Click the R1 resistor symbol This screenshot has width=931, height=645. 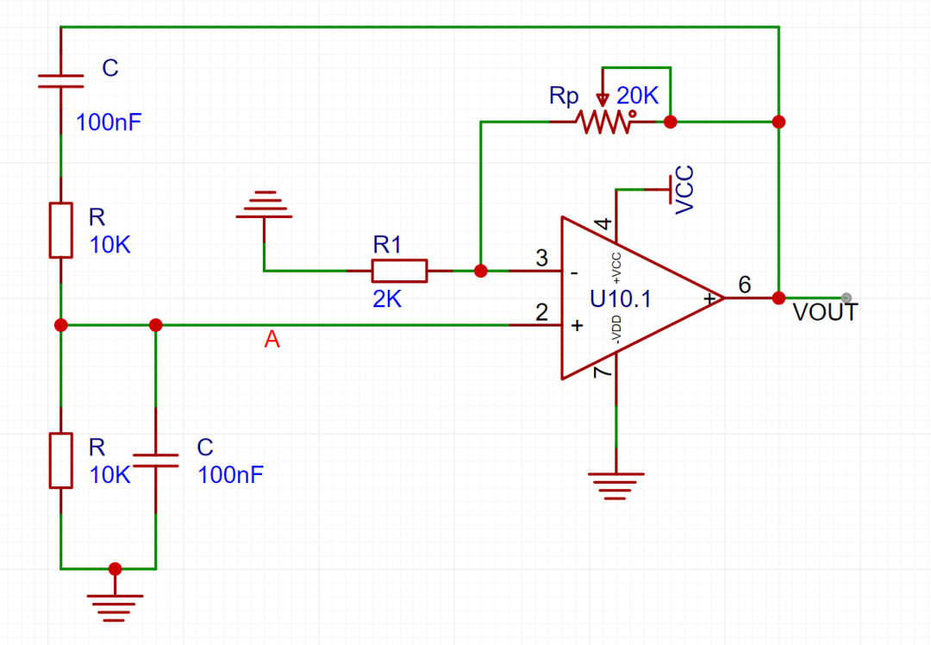click(x=399, y=271)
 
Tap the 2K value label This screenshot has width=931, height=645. click(x=387, y=299)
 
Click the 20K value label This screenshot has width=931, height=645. click(x=637, y=95)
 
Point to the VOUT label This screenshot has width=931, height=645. click(x=825, y=312)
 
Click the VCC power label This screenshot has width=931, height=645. click(x=684, y=190)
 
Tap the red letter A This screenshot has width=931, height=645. click(x=272, y=339)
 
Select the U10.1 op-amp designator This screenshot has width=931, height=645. click(x=621, y=298)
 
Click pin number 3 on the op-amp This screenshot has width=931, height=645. click(x=541, y=258)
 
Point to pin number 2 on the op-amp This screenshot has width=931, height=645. click(x=541, y=312)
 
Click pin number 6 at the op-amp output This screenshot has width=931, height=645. click(x=745, y=285)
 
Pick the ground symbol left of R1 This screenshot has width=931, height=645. click(x=265, y=205)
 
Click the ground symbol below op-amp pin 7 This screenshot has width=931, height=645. click(x=616, y=486)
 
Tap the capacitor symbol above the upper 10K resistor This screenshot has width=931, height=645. click(x=60, y=81)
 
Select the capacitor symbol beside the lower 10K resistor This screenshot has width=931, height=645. click(x=155, y=460)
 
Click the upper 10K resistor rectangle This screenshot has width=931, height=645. click(x=60, y=230)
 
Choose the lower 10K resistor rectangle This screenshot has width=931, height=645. click(x=60, y=460)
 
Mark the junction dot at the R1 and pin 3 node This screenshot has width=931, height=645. click(x=481, y=271)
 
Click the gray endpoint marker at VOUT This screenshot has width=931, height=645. click(x=847, y=297)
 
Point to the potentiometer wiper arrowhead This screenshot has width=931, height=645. click(x=603, y=100)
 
